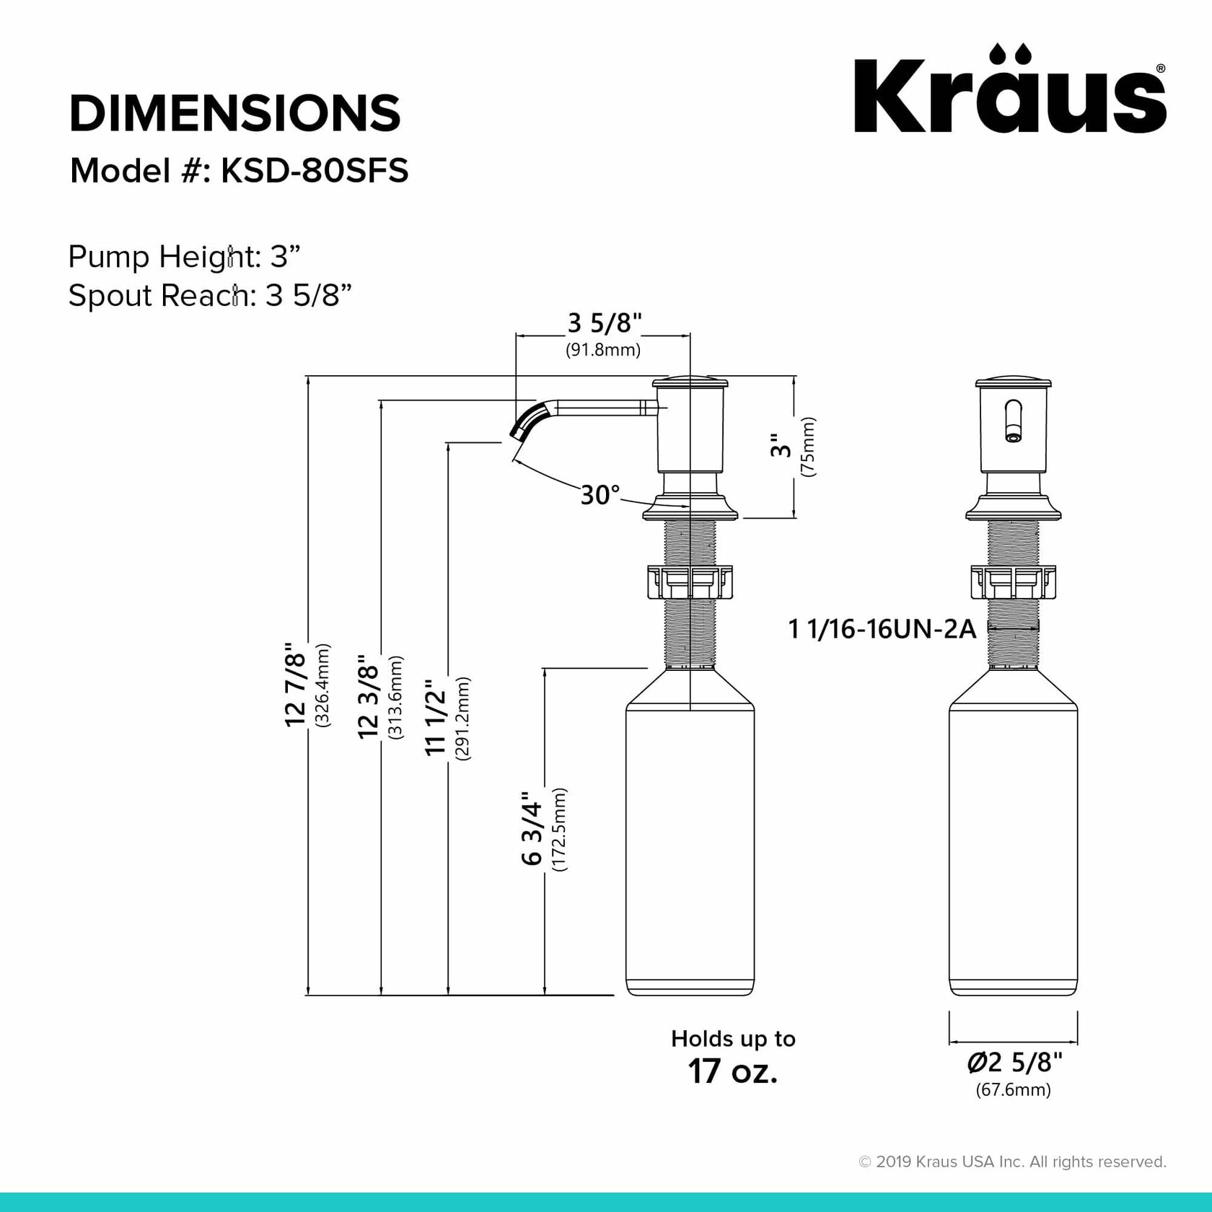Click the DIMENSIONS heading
[234, 113]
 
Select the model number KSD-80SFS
[315, 171]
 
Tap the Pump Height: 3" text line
[184, 257]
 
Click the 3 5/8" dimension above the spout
[605, 324]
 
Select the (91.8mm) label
[602, 351]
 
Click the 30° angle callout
[600, 496]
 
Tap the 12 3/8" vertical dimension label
[369, 696]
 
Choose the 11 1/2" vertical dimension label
[436, 717]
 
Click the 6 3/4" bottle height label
[532, 829]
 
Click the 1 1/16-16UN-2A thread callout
[882, 630]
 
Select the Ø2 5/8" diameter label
[1014, 1063]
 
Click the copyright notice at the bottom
[1011, 1161]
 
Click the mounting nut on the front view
[1013, 582]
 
